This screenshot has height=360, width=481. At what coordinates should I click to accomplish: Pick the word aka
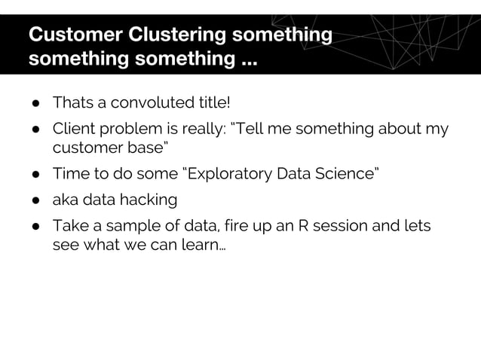(x=65, y=200)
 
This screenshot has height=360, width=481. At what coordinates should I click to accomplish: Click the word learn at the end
(x=201, y=246)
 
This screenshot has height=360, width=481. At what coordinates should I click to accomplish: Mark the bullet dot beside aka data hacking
(x=35, y=201)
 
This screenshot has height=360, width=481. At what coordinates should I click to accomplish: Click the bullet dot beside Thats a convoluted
(x=35, y=102)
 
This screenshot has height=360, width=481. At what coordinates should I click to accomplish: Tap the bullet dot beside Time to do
(x=35, y=175)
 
